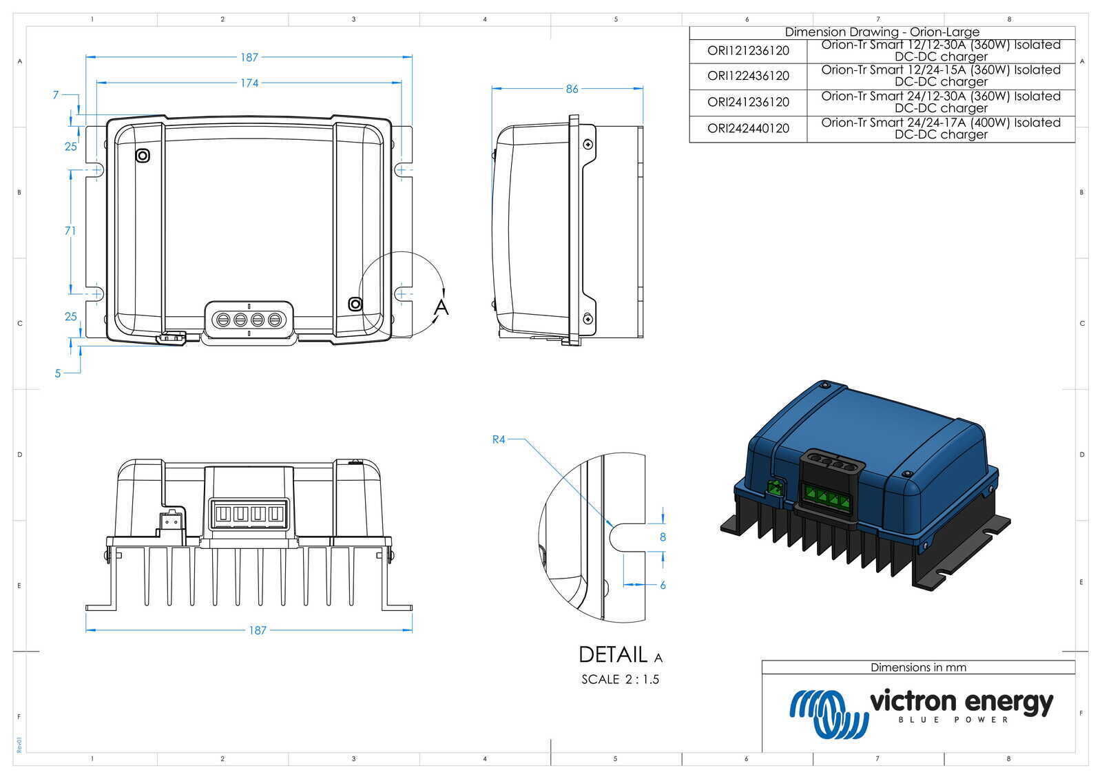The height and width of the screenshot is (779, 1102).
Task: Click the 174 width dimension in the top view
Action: tap(249, 83)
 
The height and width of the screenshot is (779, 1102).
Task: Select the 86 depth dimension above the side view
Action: tap(572, 88)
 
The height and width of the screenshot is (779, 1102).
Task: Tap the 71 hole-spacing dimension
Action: tap(70, 231)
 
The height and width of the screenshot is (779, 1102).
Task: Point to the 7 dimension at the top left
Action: tap(56, 95)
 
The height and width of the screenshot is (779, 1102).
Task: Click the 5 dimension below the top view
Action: tap(58, 373)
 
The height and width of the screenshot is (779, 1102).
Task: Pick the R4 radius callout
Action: tap(499, 439)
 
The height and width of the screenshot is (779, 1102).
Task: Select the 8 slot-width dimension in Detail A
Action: tap(663, 537)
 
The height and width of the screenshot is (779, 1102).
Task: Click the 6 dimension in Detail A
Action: tap(663, 585)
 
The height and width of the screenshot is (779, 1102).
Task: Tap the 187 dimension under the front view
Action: tap(257, 630)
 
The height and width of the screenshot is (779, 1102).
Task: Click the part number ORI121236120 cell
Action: tap(748, 50)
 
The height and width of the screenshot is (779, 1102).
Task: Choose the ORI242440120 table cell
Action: tap(748, 128)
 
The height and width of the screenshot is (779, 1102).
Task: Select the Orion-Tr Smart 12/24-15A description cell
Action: tap(941, 76)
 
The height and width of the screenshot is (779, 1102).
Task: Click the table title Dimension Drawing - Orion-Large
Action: tap(882, 32)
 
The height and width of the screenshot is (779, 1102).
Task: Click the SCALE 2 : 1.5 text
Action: tap(620, 679)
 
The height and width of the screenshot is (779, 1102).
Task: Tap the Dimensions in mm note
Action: tap(918, 667)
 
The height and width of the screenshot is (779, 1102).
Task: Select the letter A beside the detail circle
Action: tap(441, 307)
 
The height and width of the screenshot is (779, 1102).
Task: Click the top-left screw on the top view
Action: tap(143, 156)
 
